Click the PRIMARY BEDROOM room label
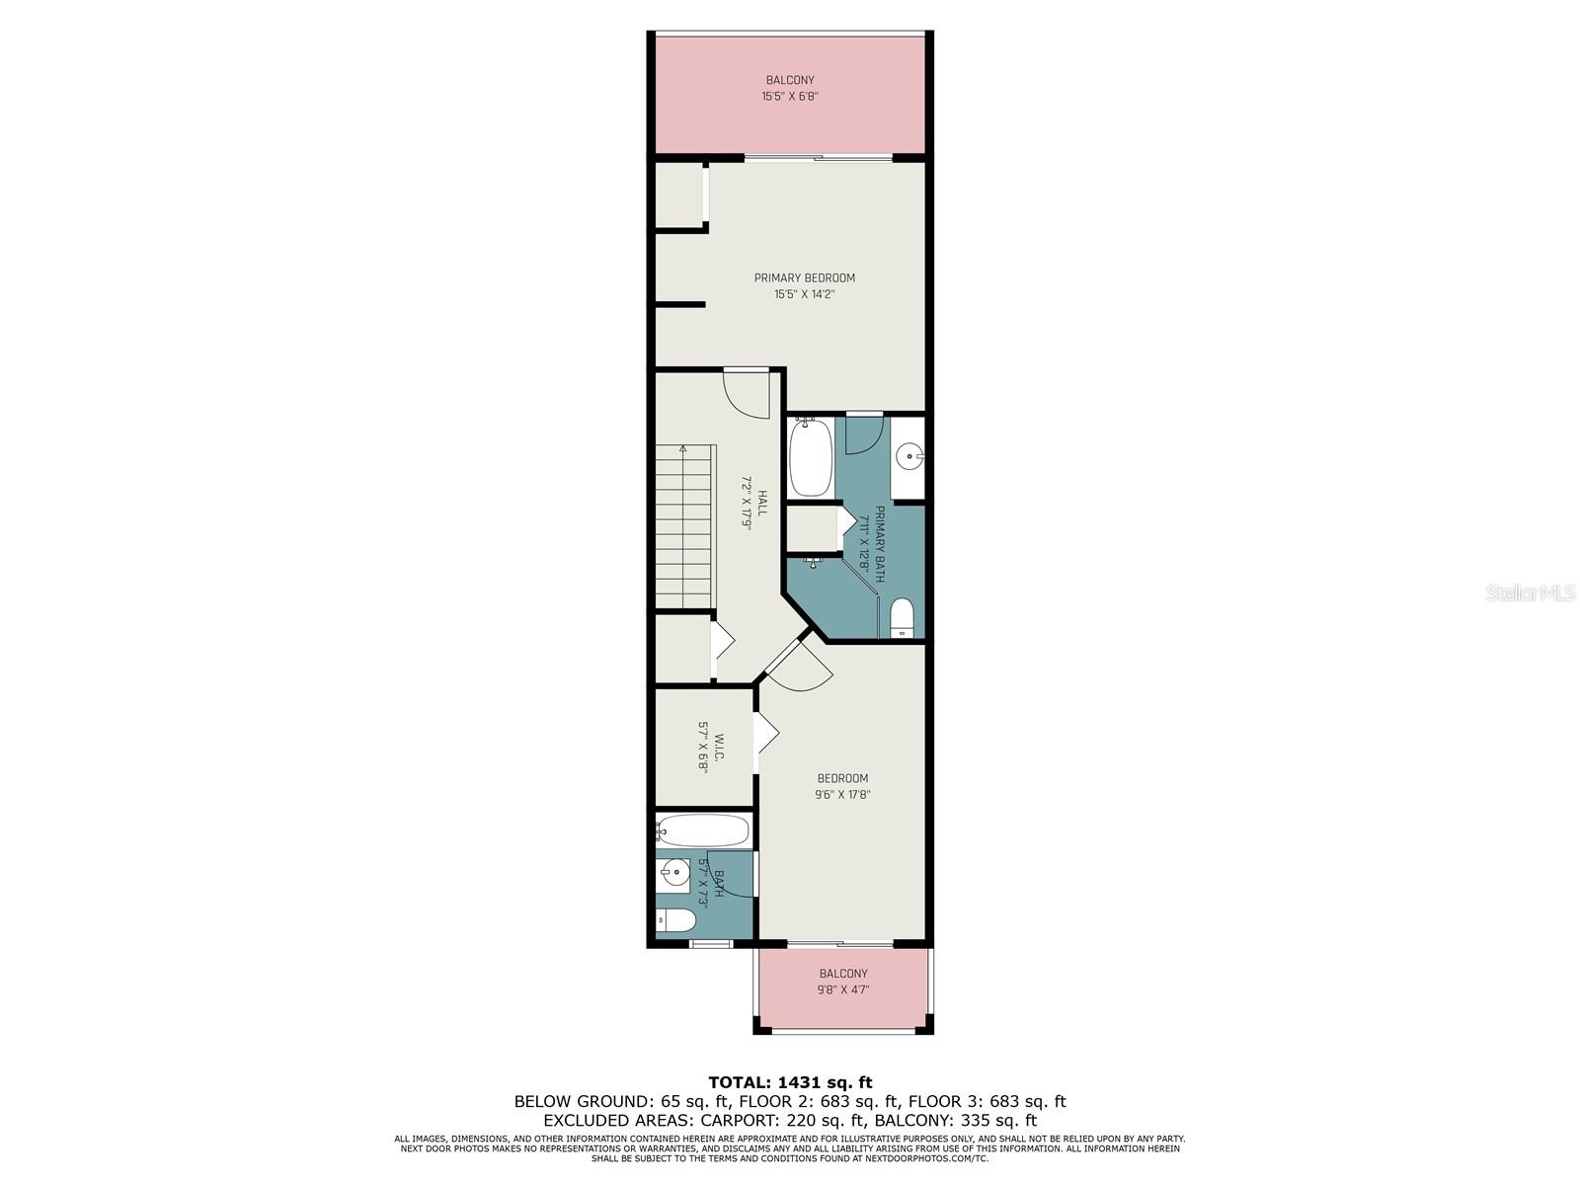[804, 277]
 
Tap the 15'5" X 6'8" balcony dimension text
[790, 97]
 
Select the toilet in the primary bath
[902, 618]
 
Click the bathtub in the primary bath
[811, 458]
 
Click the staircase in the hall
[684, 526]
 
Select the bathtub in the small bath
[702, 831]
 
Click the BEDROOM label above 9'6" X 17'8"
[842, 778]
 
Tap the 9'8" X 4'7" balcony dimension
[843, 989]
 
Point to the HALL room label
[761, 503]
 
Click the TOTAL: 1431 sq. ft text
[790, 1082]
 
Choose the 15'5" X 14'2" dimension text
[804, 294]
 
